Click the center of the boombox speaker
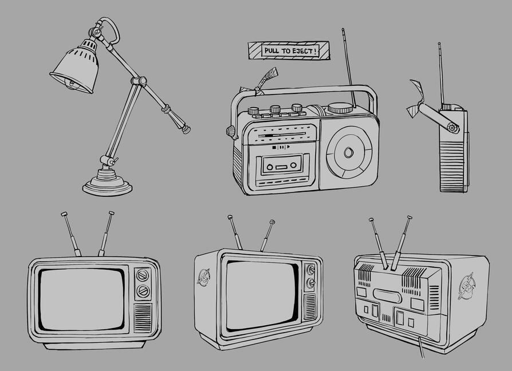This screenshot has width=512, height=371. tap(349, 152)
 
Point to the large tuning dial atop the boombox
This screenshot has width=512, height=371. tap(340, 108)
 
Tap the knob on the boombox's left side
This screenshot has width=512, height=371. tap(231, 132)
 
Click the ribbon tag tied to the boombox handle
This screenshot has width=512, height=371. tap(260, 82)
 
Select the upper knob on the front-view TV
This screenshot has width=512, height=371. tap(143, 275)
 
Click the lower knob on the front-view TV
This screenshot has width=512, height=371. tap(143, 291)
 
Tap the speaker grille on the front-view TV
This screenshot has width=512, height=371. tap(143, 318)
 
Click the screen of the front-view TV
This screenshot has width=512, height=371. tap(82, 299)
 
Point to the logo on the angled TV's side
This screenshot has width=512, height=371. tap(204, 277)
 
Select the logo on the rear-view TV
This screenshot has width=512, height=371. tap(467, 286)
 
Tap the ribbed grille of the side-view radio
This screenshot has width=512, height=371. tap(452, 167)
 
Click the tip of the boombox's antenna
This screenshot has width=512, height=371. tap(343, 29)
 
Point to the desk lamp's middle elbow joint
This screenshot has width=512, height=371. tap(139, 81)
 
